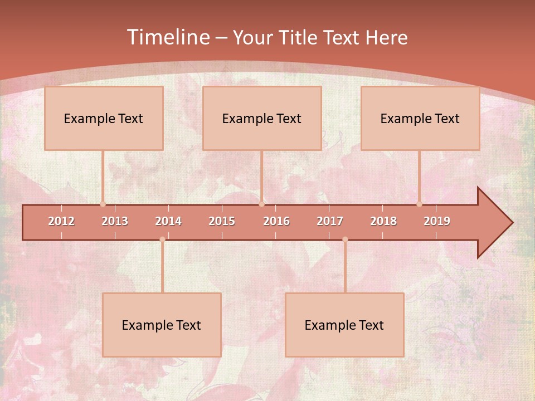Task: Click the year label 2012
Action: pyautogui.click(x=61, y=221)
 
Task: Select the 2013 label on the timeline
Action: pyautogui.click(x=115, y=221)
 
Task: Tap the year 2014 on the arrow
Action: pyautogui.click(x=168, y=221)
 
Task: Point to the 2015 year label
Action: pyautogui.click(x=222, y=221)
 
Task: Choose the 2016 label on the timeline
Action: pyautogui.click(x=276, y=221)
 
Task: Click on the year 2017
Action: pyautogui.click(x=330, y=221)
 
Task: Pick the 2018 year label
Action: pyautogui.click(x=383, y=221)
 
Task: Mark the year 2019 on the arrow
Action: pyautogui.click(x=437, y=221)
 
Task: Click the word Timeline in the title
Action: pyautogui.click(x=167, y=37)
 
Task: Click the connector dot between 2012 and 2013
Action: pyautogui.click(x=103, y=204)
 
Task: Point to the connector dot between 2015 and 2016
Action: pyautogui.click(x=261, y=204)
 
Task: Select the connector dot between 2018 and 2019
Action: pyautogui.click(x=420, y=204)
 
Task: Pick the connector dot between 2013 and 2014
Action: pyautogui.click(x=162, y=239)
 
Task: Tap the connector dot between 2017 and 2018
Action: pyautogui.click(x=345, y=239)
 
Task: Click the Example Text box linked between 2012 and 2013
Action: pyautogui.click(x=104, y=118)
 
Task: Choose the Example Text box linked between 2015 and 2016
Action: pyautogui.click(x=262, y=118)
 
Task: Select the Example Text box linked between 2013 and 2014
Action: pyautogui.click(x=162, y=325)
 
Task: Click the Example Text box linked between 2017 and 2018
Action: pyautogui.click(x=344, y=325)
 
